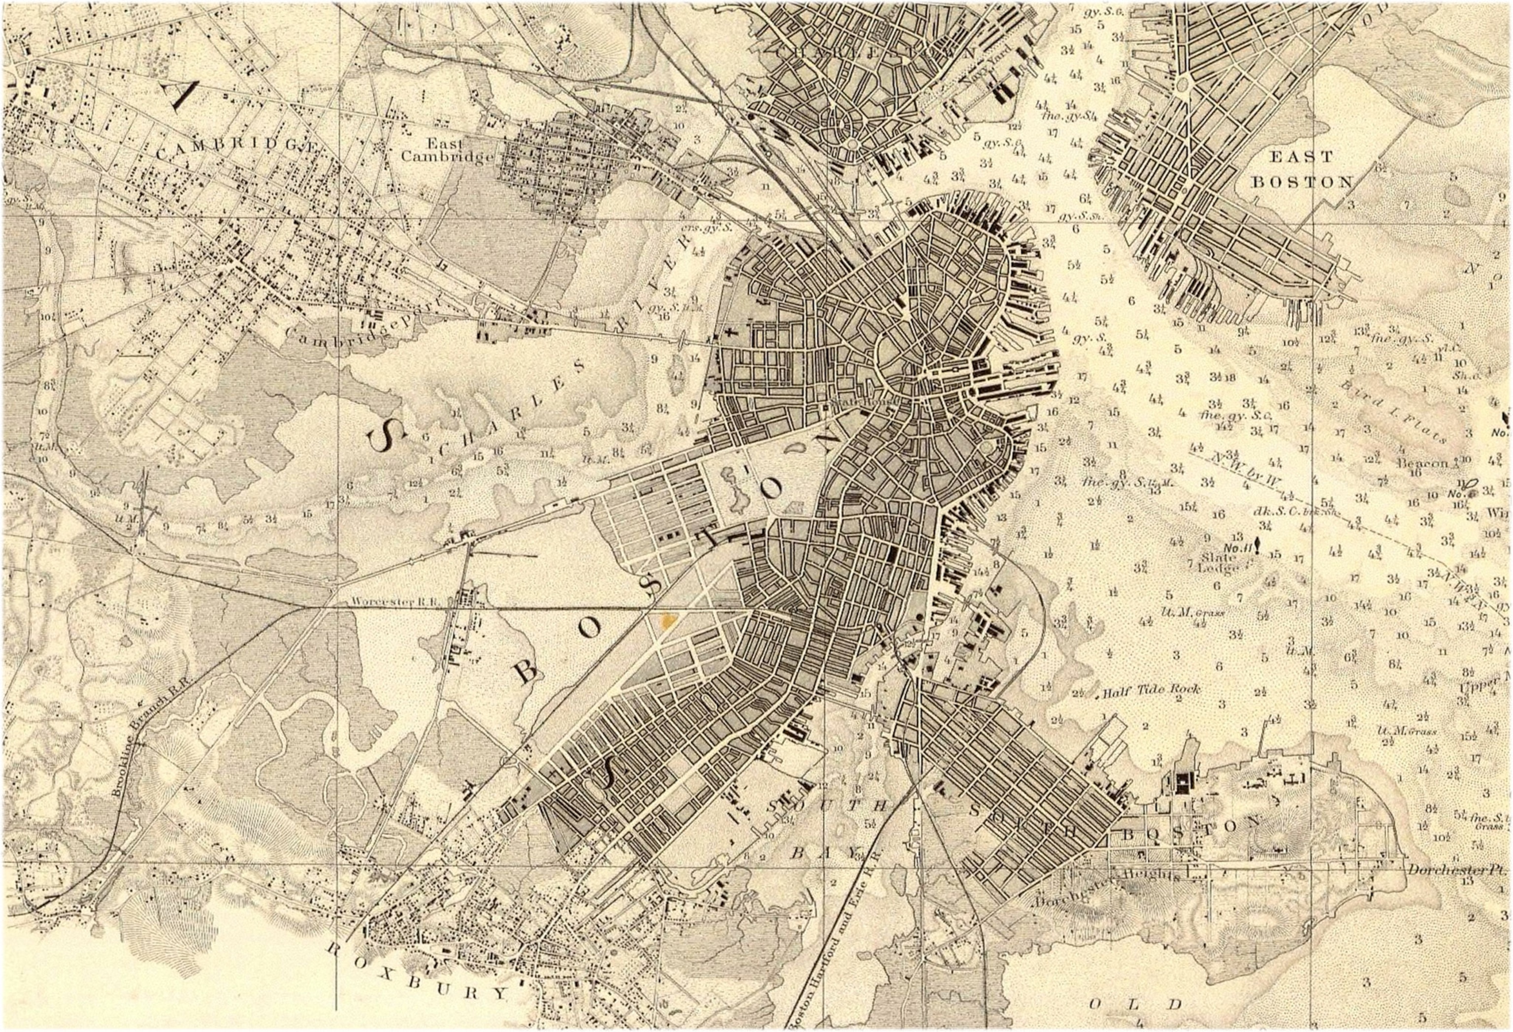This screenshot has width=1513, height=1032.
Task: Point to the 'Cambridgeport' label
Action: point(362,323)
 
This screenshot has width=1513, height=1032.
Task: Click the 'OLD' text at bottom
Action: point(1133,1003)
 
